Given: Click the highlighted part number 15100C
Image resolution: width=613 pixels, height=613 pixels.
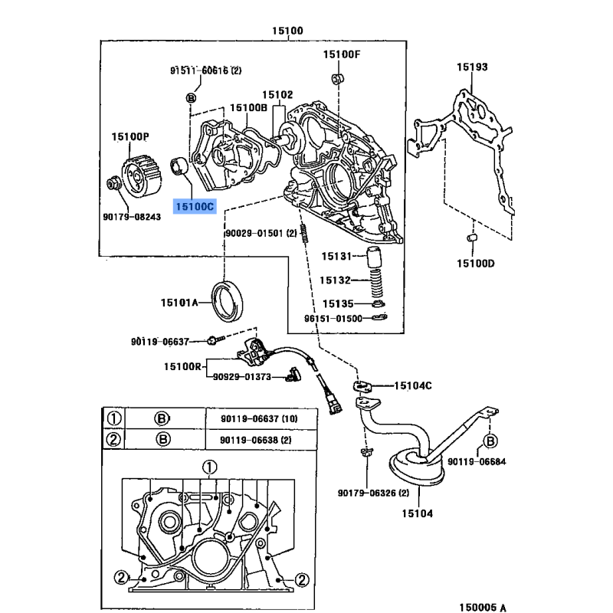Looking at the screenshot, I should point(195,207).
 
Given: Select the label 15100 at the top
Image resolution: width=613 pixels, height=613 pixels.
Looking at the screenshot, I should point(287,31).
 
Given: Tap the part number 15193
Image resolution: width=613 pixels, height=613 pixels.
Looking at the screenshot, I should point(472,67).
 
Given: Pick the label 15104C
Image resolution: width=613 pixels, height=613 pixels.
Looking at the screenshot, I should point(412,385).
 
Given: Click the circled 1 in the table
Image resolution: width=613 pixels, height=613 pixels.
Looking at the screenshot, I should point(113,418).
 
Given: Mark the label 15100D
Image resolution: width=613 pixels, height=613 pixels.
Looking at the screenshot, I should point(476,264).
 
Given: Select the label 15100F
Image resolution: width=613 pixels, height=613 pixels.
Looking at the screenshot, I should point(341,54).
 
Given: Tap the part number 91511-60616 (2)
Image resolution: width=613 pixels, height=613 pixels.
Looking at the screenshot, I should point(205,70).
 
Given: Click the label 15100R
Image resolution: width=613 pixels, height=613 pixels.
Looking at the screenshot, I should point(182,367).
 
